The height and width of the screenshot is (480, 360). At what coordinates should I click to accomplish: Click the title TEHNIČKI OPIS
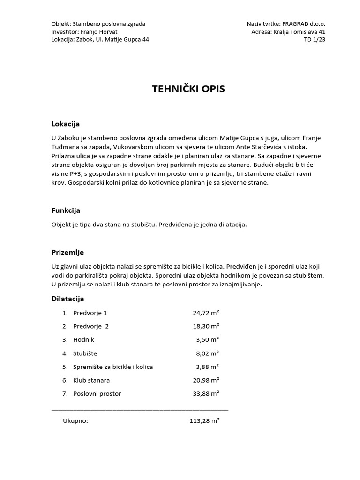(x=188, y=89)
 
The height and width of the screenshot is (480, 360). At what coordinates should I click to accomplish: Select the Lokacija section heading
(x=65, y=124)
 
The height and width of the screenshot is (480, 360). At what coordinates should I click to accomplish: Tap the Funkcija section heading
(x=66, y=210)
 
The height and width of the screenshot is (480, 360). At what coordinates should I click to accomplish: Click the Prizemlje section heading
(x=67, y=252)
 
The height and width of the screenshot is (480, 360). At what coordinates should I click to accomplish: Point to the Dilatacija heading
(x=67, y=299)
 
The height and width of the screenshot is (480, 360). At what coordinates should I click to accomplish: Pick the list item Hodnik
(x=84, y=339)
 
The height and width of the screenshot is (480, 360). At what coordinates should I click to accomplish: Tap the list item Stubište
(x=85, y=353)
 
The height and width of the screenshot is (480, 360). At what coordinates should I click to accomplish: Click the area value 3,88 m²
(x=208, y=367)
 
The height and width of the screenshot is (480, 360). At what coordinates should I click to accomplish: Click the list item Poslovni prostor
(x=97, y=393)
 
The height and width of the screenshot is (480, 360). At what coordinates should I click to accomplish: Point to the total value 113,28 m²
(x=204, y=420)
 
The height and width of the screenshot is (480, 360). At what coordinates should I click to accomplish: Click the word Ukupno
(x=75, y=420)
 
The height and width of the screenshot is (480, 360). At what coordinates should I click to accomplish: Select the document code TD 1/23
(x=315, y=39)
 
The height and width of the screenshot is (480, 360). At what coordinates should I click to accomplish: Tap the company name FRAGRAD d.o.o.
(x=304, y=23)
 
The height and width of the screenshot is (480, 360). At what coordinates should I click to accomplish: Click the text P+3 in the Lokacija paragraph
(x=79, y=174)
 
